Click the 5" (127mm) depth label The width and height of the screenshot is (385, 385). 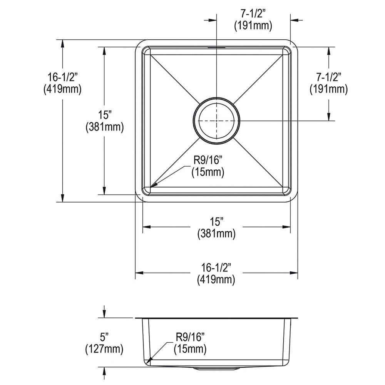click(104, 343)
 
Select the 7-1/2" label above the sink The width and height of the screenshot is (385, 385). click(253, 14)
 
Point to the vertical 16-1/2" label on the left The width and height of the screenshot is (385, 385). click(62, 77)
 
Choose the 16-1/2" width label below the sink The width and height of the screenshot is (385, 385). click(216, 267)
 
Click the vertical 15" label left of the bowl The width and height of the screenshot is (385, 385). click(105, 115)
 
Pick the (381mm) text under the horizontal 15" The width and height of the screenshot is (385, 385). click(216, 234)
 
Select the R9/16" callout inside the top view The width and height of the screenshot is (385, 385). click(208, 160)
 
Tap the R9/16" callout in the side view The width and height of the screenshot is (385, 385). click(190, 337)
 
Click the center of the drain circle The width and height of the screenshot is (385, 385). click(216, 121)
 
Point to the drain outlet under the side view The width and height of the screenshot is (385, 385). click(216, 369)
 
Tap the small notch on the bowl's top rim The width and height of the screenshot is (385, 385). click(216, 46)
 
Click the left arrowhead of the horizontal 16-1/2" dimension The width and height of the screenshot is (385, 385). click(139, 273)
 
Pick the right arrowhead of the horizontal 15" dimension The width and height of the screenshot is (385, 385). click(286, 227)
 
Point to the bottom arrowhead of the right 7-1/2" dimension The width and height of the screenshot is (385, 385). click(329, 116)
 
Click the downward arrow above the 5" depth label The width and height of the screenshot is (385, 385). click(104, 312)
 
